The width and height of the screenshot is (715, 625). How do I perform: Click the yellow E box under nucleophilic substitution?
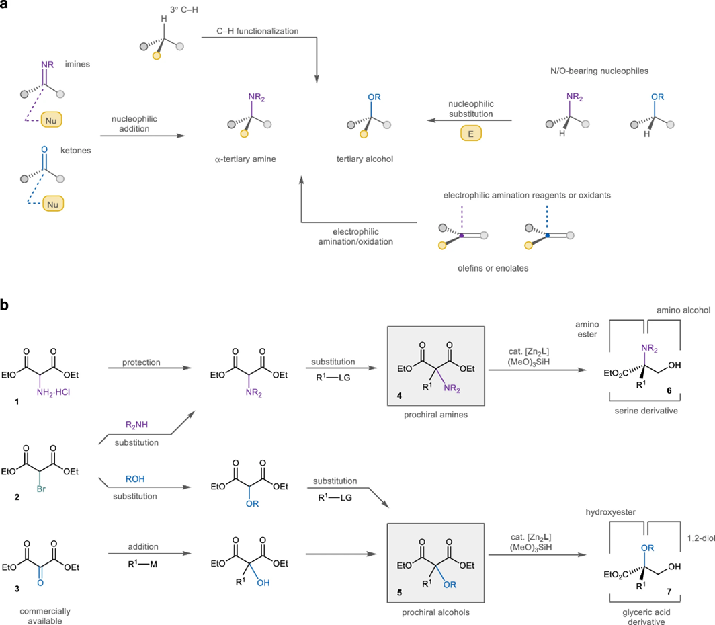pyautogui.click(x=470, y=134)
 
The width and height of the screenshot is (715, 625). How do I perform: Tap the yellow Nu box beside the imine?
pyautogui.click(x=51, y=120)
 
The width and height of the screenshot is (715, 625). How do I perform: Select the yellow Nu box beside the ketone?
pyautogui.click(x=53, y=204)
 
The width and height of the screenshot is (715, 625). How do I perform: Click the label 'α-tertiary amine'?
pyautogui.click(x=245, y=159)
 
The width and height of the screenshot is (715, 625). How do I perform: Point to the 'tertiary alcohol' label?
pyautogui.click(x=365, y=159)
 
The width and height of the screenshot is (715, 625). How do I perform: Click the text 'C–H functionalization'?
pyautogui.click(x=257, y=31)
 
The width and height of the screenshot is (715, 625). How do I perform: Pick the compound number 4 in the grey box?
pyautogui.click(x=399, y=396)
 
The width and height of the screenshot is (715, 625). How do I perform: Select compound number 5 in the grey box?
pyautogui.click(x=399, y=593)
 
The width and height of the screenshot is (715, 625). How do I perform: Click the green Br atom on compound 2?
pyautogui.click(x=41, y=489)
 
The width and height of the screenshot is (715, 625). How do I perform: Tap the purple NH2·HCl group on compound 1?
pyautogui.click(x=53, y=392)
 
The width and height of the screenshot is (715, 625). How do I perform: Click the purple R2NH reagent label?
pyautogui.click(x=136, y=425)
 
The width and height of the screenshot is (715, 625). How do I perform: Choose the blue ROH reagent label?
pyautogui.click(x=135, y=479)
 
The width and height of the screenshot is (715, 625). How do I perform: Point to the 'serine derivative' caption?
pyautogui.click(x=646, y=411)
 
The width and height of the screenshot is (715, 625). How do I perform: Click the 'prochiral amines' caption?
pyautogui.click(x=436, y=415)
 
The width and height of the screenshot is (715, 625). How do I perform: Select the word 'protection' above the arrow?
pyautogui.click(x=141, y=362)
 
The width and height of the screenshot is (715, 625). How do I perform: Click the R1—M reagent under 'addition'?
pyautogui.click(x=142, y=564)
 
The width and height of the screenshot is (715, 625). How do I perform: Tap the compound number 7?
pyautogui.click(x=669, y=591)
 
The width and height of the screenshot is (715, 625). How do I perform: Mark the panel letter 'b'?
pyautogui.click(x=5, y=304)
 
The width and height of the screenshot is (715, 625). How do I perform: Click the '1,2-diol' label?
pyautogui.click(x=701, y=538)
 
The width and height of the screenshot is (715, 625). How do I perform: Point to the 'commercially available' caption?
pyautogui.click(x=44, y=616)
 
